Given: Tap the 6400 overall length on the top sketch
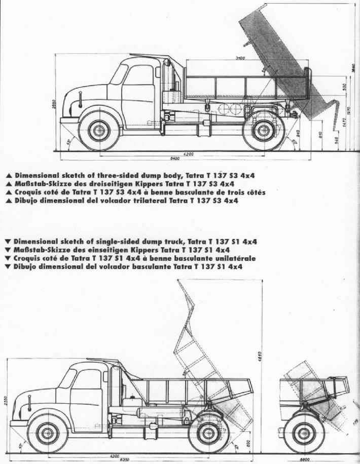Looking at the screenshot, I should point(175,159).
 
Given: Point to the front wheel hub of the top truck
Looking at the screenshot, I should point(99,130).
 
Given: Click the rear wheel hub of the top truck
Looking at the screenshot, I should point(263,131).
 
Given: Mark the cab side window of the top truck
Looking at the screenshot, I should point(119,74).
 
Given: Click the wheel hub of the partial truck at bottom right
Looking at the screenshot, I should point(304,434).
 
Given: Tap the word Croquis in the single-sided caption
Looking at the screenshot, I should point(29,258).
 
